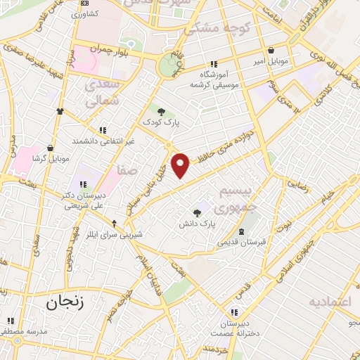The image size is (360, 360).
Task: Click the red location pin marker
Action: point(181,165)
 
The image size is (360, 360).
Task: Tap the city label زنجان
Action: point(65,303)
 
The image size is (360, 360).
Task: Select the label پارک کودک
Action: point(162,122)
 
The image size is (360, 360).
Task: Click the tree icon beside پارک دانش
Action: point(198,213)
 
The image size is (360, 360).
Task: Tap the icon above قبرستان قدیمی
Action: point(241,232)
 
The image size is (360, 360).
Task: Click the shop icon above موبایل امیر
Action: point(271,50)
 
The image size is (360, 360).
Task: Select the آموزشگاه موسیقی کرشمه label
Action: point(214,79)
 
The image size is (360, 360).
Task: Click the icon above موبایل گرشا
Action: point(51,148)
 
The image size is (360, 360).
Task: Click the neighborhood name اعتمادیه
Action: point(329,302)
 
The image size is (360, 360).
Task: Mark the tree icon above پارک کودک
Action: point(162,111)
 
